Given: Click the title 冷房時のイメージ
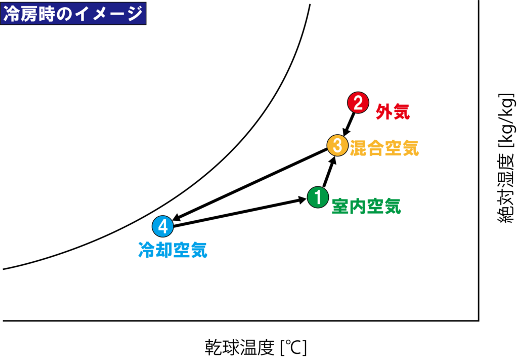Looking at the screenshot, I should pyautogui.click(x=73, y=14).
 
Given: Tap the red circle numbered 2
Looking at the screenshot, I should pyautogui.click(x=358, y=103).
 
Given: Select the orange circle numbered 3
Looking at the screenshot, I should pyautogui.click(x=337, y=146).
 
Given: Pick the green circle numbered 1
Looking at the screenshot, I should pyautogui.click(x=318, y=197).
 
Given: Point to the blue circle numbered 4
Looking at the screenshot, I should pyautogui.click(x=163, y=226).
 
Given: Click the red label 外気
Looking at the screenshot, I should pyautogui.click(x=393, y=112).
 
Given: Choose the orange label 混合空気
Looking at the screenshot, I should pyautogui.click(x=384, y=148).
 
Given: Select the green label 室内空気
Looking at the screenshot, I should pyautogui.click(x=366, y=206).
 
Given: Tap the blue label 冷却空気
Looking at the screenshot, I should pyautogui.click(x=173, y=250).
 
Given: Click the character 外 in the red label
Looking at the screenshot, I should pyautogui.click(x=384, y=112).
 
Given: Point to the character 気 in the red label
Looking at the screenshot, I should pyautogui.click(x=402, y=112).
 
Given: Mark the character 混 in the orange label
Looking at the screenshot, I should pyautogui.click(x=358, y=148).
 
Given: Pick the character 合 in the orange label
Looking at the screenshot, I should pyautogui.click(x=375, y=148).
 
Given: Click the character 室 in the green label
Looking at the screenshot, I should pyautogui.click(x=340, y=206).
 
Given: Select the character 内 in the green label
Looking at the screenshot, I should pyautogui.click(x=357, y=206).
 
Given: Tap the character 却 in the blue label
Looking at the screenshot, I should pyautogui.click(x=164, y=250).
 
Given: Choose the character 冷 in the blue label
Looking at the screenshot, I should pyautogui.click(x=147, y=250).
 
